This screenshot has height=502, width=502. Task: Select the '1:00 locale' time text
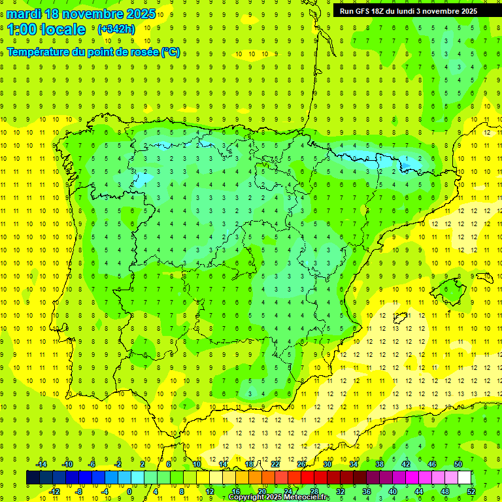pyautogui.click(x=46, y=29)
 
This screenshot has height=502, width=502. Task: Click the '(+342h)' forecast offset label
pyautogui.click(x=116, y=29)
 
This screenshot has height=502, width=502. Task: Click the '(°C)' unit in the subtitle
pyautogui.click(x=171, y=52)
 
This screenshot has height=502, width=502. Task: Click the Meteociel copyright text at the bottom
pyautogui.click(x=279, y=497)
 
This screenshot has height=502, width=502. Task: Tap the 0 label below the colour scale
pyautogui.click(x=129, y=492)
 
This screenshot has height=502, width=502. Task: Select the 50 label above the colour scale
pyautogui.click(x=458, y=464)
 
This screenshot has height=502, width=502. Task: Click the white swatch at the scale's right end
pyautogui.click(x=465, y=478)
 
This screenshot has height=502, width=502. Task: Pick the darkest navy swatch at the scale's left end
pyautogui.click(x=33, y=478)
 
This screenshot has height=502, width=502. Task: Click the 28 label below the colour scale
pyautogui.click(x=314, y=492)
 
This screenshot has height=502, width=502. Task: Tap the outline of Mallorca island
pyautogui.click(x=450, y=288)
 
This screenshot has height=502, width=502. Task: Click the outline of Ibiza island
pyautogui.click(x=399, y=318)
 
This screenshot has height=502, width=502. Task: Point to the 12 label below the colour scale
pyautogui.click(x=209, y=492)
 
